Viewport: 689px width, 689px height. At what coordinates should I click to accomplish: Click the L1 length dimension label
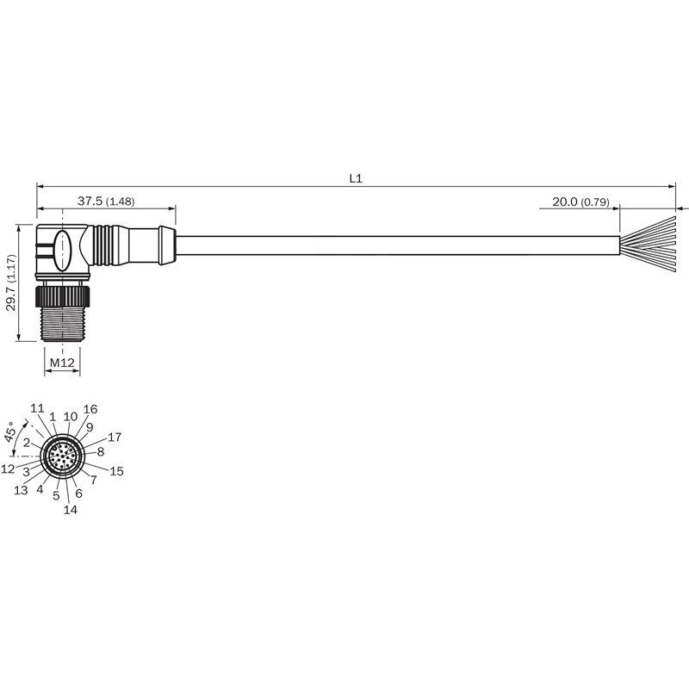click(356, 178)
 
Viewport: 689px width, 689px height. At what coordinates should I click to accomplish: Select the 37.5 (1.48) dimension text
click(106, 202)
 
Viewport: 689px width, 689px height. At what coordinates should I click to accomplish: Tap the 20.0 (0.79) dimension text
click(580, 202)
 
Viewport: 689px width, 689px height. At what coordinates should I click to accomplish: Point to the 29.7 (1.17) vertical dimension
click(11, 282)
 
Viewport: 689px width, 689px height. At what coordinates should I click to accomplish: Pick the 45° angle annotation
click(11, 431)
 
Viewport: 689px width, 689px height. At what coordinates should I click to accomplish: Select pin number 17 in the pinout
click(115, 438)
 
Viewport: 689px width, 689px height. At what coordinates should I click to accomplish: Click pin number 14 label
click(71, 510)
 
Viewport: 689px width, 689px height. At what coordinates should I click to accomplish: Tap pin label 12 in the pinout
click(8, 469)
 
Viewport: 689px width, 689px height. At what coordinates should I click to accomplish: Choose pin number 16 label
click(90, 410)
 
